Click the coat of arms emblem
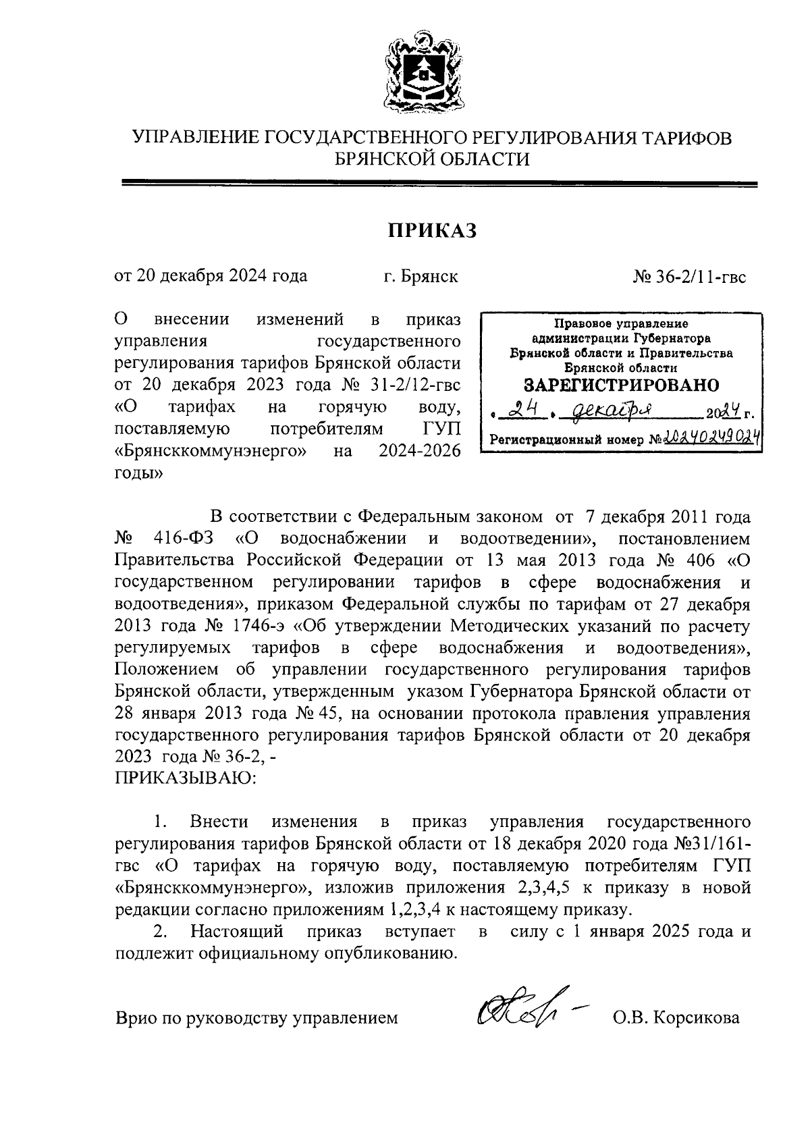[423, 74]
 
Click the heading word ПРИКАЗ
[432, 231]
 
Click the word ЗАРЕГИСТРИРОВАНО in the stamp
[622, 385]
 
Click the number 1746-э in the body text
[260, 627]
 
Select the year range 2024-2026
[420, 450]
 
